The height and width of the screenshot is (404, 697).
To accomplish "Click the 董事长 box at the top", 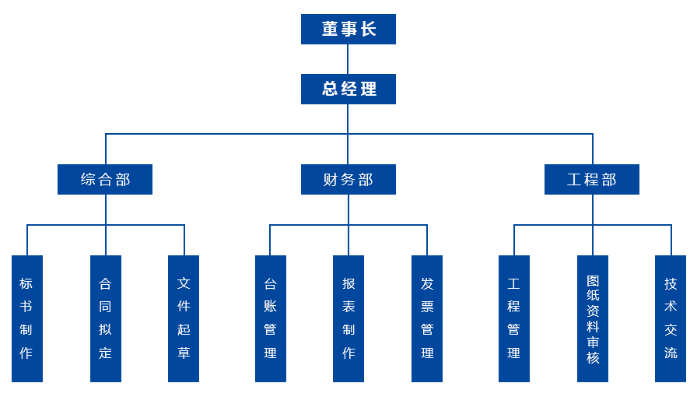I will (x=348, y=29).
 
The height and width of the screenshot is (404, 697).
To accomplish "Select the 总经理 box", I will (x=348, y=89).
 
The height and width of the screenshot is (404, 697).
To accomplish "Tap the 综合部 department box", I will (x=105, y=179).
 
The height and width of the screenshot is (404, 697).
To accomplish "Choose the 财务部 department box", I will (x=348, y=179).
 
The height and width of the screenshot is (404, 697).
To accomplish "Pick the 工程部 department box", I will (x=592, y=179).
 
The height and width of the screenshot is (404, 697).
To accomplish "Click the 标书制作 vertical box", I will (x=27, y=318).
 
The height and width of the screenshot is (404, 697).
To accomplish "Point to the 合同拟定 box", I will (x=106, y=318).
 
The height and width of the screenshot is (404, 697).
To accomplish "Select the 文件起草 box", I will (x=184, y=318).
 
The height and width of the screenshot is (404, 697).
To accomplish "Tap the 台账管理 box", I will (x=271, y=318).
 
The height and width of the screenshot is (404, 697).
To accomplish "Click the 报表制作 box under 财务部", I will (x=348, y=318).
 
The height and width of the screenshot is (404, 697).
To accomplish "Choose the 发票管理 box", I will (x=427, y=318).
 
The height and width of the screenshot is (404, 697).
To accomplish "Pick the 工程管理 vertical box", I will (x=514, y=318).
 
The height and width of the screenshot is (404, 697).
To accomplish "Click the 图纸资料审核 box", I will (x=593, y=318).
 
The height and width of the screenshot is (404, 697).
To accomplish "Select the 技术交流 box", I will (x=671, y=318).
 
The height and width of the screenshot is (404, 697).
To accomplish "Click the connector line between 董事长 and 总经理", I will (x=348, y=59).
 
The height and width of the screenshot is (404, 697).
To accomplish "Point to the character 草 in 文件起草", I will (x=184, y=353).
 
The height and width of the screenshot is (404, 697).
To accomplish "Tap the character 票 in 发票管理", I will (x=427, y=307).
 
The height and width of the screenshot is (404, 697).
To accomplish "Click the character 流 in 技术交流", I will (x=671, y=353).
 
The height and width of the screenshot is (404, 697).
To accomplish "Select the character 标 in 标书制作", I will (x=27, y=283).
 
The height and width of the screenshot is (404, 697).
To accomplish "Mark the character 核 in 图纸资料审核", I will (x=593, y=358).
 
